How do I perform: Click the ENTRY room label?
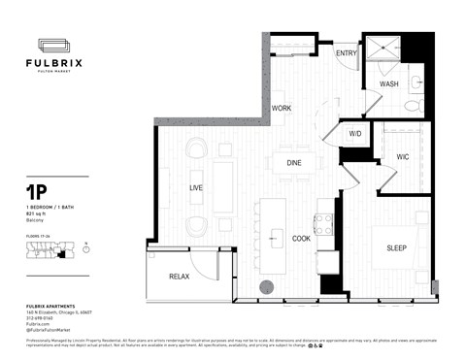pos(347,54)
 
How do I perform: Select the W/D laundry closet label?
pos(355,133)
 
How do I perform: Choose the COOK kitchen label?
pos(302,238)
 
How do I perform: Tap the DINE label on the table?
pos(294,163)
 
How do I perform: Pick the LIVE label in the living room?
pos(195,188)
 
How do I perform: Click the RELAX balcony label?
pos(179,278)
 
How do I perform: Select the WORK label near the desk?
pos(282,108)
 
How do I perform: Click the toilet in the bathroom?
pos(412,105)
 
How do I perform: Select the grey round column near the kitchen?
pos(267,286)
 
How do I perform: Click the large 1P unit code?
pos(38,194)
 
